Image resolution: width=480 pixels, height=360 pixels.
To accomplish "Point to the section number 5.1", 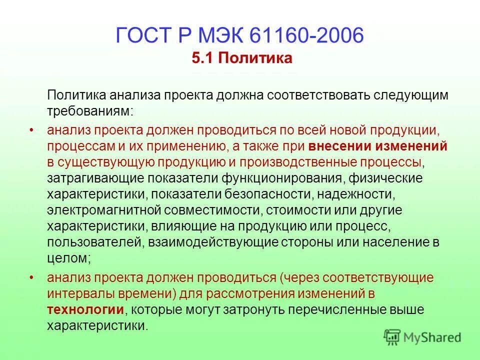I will click(x=200, y=59).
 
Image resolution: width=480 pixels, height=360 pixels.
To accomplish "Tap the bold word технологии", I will click(x=85, y=309).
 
